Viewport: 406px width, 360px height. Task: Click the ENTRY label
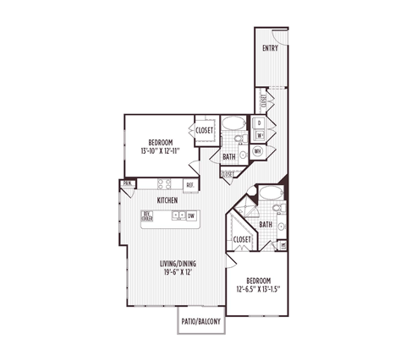(x=271, y=48)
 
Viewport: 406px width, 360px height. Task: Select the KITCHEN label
(x=167, y=199)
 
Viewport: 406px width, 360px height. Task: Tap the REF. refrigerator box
(x=190, y=184)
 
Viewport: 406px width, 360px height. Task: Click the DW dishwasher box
(x=193, y=215)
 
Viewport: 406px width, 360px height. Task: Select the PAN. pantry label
(x=128, y=183)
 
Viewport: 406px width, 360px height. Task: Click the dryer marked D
(x=260, y=123)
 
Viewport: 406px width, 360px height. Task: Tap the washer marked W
(x=260, y=134)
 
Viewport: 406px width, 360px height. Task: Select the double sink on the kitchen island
(x=178, y=215)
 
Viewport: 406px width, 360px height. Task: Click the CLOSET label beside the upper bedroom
(x=204, y=130)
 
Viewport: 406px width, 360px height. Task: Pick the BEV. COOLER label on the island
(x=148, y=215)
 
